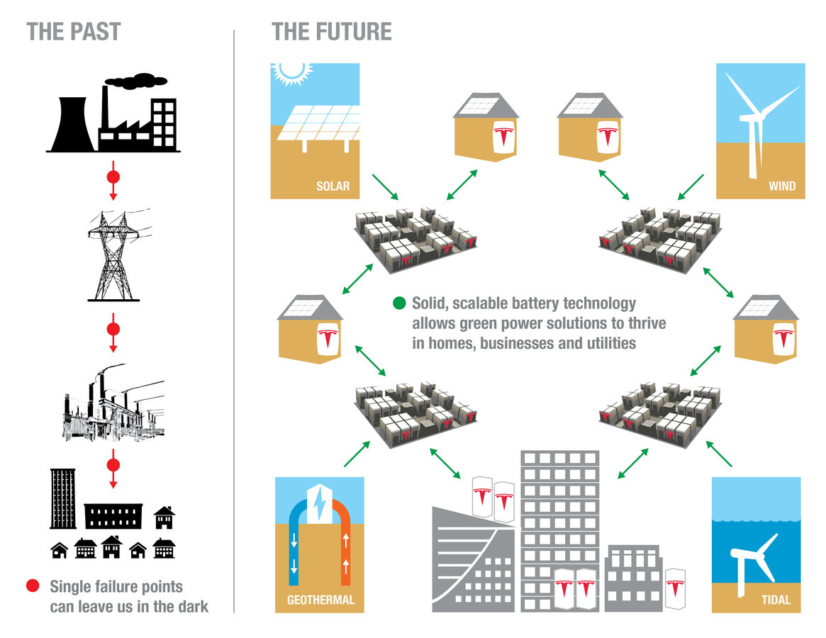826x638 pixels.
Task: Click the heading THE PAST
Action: pos(74,32)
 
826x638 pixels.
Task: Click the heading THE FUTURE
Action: pos(331,32)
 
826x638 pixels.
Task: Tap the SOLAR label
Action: pos(333,186)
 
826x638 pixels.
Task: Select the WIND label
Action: pos(782,186)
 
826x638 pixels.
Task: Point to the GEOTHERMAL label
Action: pos(320,600)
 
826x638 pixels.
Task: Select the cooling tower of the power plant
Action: pos(71,125)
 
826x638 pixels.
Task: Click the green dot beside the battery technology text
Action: pos(399,304)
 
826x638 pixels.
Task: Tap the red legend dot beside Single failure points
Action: pos(33,586)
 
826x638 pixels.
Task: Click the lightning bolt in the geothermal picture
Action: pos(320,504)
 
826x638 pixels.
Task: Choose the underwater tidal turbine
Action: pos(752,560)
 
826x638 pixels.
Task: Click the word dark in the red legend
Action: pos(191,607)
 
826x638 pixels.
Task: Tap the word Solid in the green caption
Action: pos(430,304)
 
